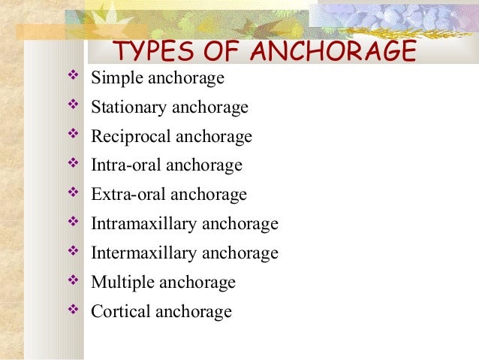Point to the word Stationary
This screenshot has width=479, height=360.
128,107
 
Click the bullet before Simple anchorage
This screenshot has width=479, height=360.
73,77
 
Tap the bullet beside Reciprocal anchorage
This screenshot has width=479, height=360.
73,136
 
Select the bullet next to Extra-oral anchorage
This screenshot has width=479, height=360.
73,194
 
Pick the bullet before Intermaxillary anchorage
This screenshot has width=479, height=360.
73,253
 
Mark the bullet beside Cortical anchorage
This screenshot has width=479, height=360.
73,310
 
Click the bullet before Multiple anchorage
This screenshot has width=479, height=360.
73,282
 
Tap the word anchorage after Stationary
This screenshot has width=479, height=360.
210,108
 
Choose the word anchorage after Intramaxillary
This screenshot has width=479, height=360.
240,225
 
